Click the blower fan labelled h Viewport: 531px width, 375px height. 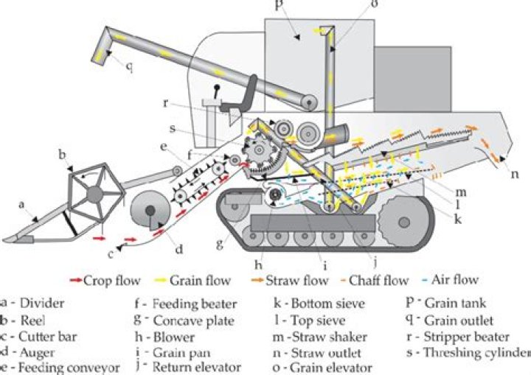(274, 194)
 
